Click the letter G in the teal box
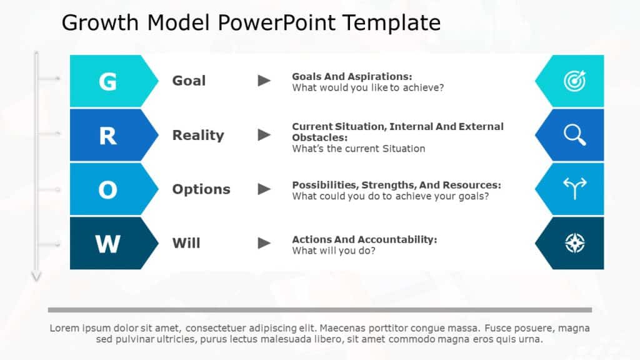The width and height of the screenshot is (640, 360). point(107,81)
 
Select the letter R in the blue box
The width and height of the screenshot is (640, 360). point(107,136)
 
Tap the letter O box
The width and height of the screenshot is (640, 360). point(107,190)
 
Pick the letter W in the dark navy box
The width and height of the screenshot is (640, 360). point(107,244)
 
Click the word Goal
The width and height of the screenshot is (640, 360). point(189,81)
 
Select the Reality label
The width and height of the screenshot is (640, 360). point(198,135)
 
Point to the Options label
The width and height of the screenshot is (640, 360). point(201,189)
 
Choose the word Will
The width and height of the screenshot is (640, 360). point(186,243)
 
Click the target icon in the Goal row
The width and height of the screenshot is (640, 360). point(574,81)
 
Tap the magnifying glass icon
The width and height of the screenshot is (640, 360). point(574,135)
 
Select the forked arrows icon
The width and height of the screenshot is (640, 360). point(574,189)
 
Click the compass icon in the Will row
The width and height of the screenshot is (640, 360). point(574,243)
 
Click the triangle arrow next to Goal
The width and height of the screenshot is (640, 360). point(265,81)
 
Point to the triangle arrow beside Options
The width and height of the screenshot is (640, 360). point(265,189)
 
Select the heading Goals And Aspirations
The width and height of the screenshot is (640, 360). point(352,76)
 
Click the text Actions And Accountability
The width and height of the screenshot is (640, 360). point(364,239)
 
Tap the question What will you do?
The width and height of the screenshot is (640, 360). point(333,251)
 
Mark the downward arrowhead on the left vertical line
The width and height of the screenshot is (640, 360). point(36,276)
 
